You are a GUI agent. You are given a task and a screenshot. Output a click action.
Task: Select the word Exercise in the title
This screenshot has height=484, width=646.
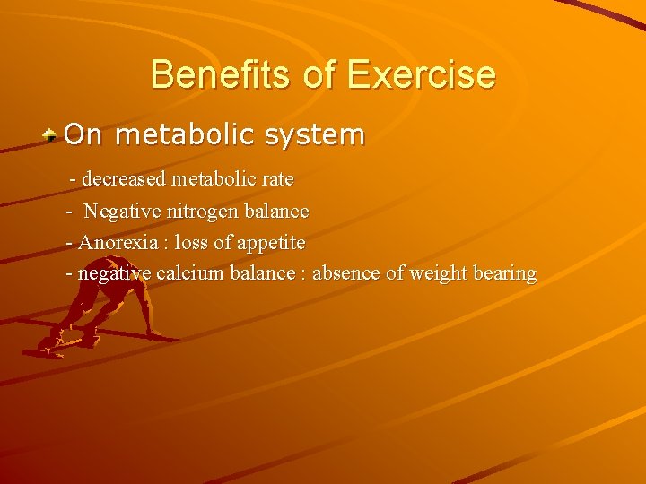421,74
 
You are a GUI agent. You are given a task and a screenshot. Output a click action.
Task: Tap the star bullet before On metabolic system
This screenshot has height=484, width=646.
52,135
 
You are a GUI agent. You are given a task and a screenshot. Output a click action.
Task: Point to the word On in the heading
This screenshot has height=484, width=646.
83,135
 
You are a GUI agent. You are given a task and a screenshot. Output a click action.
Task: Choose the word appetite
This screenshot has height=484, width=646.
271,243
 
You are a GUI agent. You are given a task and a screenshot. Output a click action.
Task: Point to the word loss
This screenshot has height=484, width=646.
191,243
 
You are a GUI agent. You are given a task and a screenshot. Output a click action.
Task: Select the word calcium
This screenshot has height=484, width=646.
188,273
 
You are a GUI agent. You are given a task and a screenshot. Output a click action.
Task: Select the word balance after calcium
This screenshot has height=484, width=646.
261,273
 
